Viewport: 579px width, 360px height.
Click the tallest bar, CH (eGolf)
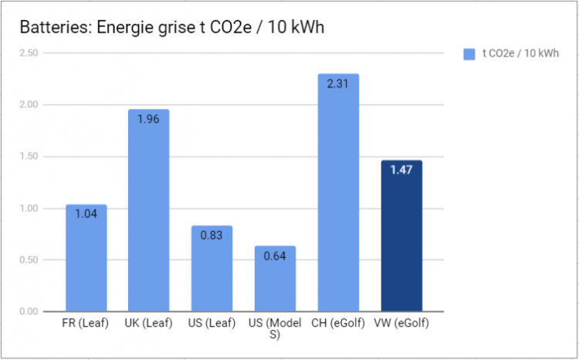[x=338, y=193]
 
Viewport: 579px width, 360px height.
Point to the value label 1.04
[x=86, y=213]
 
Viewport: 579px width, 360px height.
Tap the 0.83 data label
[x=212, y=235]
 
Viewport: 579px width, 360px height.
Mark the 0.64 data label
[x=275, y=255]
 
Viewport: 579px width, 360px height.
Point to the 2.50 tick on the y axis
[x=29, y=53]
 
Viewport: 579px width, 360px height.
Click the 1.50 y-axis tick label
[x=29, y=157]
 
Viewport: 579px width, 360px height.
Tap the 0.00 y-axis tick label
[x=29, y=311]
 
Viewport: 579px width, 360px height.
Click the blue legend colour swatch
[x=469, y=53]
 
